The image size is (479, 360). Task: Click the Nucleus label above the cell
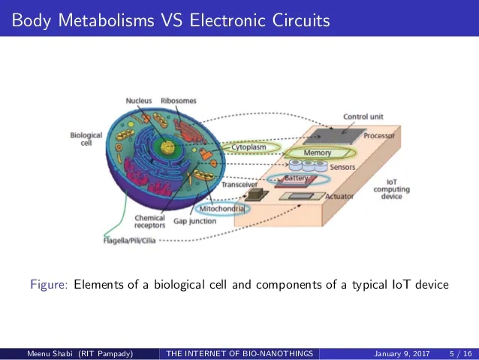point(139,101)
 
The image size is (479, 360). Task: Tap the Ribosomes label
point(179,101)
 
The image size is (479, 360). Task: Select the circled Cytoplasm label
point(249,147)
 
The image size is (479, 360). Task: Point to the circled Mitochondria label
point(221,209)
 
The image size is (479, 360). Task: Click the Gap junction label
point(195,221)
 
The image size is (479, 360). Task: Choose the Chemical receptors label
point(149,222)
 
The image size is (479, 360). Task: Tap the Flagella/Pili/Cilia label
point(130,241)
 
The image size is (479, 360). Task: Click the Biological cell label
point(86,139)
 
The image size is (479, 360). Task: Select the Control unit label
point(363,116)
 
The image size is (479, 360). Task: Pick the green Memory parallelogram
point(318,153)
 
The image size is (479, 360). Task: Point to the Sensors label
point(342,167)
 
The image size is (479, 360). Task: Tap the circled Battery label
point(296,178)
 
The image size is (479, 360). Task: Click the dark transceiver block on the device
point(257,194)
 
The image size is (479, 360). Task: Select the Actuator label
point(339,196)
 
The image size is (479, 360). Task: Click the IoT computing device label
point(392,189)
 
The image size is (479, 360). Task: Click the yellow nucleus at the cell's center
point(167,148)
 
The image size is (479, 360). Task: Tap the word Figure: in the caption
point(49,284)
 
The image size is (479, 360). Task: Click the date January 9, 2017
point(402,354)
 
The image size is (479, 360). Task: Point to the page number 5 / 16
point(461,354)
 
